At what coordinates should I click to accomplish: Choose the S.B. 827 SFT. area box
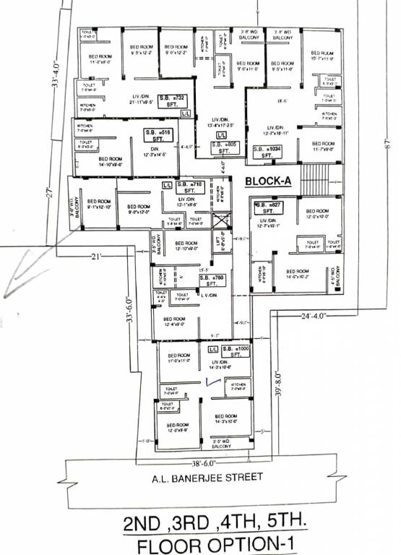[x=267, y=210]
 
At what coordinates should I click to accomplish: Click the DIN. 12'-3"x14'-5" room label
[x=154, y=152]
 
